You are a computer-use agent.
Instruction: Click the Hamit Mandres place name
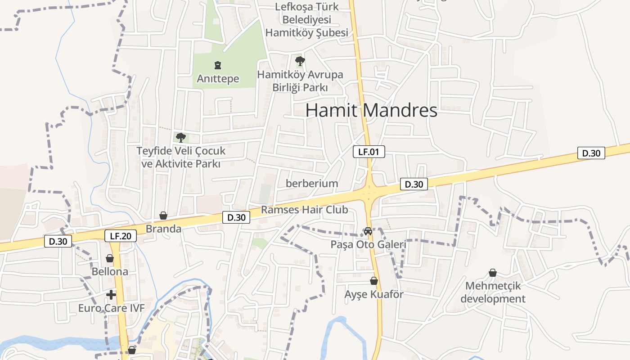pos(371,110)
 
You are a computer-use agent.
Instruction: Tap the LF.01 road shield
pos(369,152)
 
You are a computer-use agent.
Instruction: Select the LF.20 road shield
pos(121,236)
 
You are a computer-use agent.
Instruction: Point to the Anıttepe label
pos(218,79)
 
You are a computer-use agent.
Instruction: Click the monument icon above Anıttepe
pos(218,65)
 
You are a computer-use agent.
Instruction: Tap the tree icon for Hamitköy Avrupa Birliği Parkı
pos(300,61)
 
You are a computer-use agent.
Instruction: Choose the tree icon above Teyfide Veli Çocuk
pos(180,137)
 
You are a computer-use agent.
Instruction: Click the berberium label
pos(312,183)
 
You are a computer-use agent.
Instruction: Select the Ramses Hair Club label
pos(305,210)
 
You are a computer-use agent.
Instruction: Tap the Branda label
pos(163,229)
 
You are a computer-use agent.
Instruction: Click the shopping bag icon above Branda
pos(163,216)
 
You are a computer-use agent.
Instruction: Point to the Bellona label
pos(110,272)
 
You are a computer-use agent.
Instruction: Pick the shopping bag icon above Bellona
pos(110,258)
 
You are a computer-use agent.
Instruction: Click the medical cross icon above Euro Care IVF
pos(111,295)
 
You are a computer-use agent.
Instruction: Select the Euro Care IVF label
pos(112,308)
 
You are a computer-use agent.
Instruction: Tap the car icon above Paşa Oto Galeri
pos(368,231)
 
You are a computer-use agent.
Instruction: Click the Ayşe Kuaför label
pos(374,294)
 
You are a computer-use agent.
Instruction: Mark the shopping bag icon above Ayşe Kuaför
pos(374,281)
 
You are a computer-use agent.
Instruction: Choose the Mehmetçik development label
pos(493,292)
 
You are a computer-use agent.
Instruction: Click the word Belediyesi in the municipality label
pos(306,20)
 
